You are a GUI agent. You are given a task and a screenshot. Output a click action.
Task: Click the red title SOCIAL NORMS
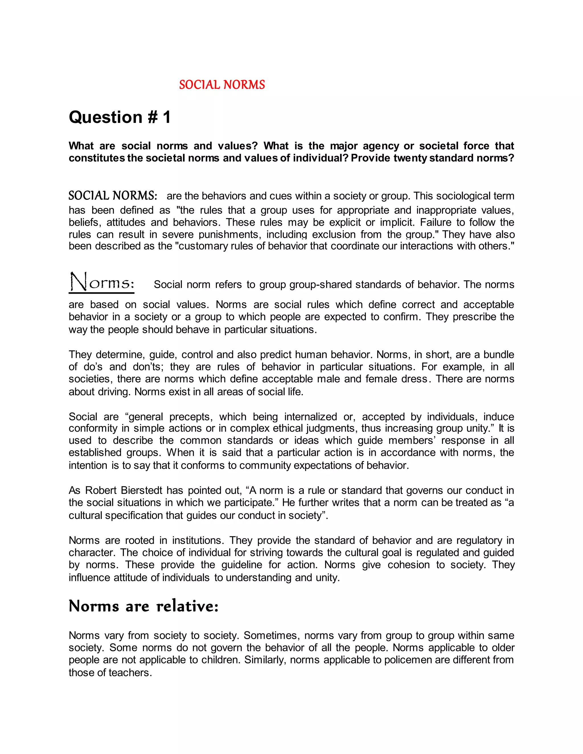pos(222,85)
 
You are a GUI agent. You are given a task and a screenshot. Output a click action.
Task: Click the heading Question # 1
pos(120,118)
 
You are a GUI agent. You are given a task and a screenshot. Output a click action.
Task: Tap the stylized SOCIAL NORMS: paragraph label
pos(113,196)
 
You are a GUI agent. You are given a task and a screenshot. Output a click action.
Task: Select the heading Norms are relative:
pos(144,606)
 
